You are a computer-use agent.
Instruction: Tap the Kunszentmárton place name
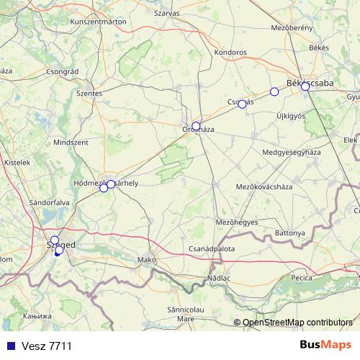pos(99,22)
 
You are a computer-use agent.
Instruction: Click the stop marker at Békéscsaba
pos(305,86)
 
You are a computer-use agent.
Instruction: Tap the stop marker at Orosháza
pos(196,126)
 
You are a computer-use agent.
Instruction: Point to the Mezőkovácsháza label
pos(264,187)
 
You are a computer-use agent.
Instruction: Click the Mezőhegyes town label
pos(236,222)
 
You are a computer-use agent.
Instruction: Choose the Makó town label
pos(147,259)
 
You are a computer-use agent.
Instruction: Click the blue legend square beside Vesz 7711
pos(9,346)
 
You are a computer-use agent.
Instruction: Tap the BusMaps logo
pos(325,345)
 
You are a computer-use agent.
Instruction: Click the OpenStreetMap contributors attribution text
pos(297,323)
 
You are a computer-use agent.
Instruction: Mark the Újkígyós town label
pos(291,116)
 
